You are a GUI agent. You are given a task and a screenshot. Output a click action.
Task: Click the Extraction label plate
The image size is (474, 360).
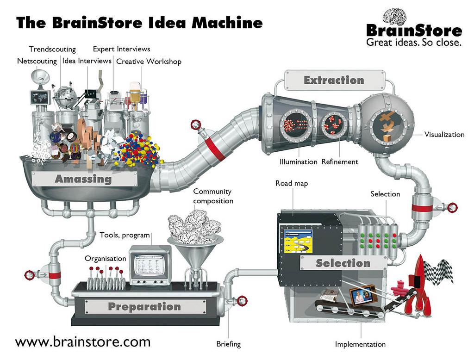click(334, 80)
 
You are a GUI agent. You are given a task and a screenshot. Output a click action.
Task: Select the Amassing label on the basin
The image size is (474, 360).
click(83, 179)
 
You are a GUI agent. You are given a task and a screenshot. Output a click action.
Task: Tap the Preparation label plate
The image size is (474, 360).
click(144, 306)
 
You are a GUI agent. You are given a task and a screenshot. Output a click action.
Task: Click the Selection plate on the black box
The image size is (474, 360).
click(343, 263)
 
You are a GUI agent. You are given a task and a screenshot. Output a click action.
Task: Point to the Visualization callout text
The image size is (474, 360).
click(444, 135)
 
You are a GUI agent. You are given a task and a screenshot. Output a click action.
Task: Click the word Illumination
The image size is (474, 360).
click(298, 162)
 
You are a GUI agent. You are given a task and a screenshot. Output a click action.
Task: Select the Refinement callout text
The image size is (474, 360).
click(340, 162)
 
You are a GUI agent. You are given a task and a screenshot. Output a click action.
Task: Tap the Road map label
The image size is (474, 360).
click(292, 184)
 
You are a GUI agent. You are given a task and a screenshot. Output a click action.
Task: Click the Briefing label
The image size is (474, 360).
click(229, 344)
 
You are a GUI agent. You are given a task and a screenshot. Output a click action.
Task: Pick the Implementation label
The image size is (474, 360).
click(360, 344)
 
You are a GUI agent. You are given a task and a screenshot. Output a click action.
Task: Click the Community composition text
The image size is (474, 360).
click(213, 196)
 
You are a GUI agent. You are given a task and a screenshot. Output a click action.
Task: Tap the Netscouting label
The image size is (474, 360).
click(37, 61)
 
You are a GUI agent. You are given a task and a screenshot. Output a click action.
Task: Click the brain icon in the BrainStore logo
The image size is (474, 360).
click(395, 16)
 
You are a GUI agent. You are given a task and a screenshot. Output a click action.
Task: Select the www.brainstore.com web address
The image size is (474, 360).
click(83, 342)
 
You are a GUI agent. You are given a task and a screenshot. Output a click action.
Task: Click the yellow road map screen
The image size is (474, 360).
click(298, 241)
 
